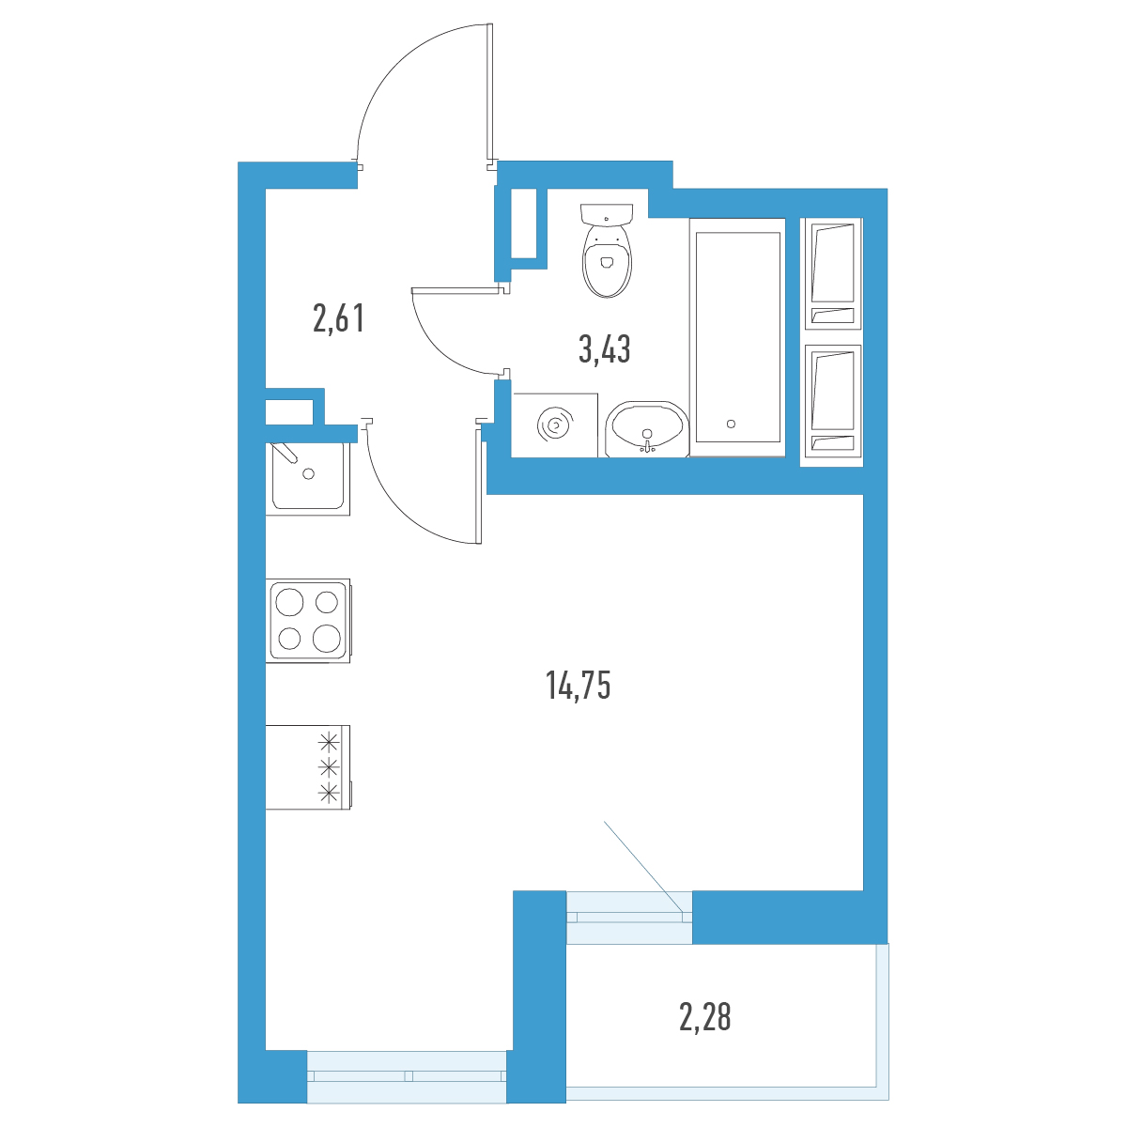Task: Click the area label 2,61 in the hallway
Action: coord(339,318)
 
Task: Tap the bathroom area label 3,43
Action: coord(604,349)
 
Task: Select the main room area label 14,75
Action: coord(578,686)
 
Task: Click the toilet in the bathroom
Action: coord(607,251)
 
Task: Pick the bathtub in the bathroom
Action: coord(737,337)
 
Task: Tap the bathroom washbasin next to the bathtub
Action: coord(646,429)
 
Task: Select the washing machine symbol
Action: coord(554,425)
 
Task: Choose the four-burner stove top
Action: coord(308,621)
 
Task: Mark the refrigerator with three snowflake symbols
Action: coord(308,767)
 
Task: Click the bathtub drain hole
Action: coord(731,424)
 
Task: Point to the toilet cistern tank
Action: coord(607,213)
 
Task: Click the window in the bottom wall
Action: coord(407,1075)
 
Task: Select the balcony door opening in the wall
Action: coord(629,917)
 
